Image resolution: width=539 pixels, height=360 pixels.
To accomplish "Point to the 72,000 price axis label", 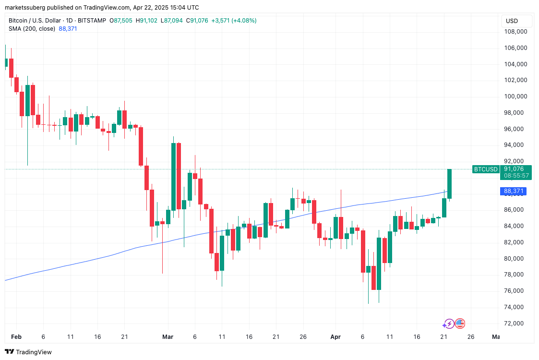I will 515,323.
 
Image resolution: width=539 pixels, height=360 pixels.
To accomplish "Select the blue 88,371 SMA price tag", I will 513,191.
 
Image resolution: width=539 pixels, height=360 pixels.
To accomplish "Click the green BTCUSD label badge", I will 486,169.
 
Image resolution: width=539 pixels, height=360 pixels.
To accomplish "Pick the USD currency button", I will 512,21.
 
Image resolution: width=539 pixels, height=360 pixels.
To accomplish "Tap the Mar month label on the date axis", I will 168,337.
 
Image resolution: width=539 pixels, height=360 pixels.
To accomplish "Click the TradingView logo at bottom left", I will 28,352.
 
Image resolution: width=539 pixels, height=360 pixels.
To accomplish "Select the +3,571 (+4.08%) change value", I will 234,21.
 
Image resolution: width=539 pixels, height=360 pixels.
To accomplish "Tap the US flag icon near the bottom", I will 460,324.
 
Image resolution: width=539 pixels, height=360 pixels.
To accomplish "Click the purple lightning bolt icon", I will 449,324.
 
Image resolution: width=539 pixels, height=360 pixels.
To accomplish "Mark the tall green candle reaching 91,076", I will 449,183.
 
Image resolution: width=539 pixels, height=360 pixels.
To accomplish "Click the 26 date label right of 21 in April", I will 470,337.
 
